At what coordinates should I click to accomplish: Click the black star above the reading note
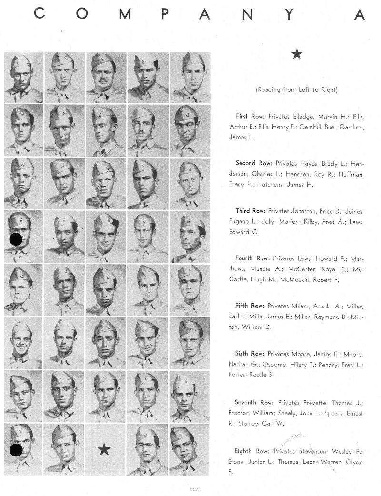(x=297, y=54)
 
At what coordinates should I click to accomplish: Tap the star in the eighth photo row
(x=104, y=449)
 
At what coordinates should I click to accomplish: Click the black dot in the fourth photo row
(x=16, y=239)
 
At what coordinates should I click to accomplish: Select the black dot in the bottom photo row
(x=16, y=450)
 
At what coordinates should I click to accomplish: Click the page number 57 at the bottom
(x=195, y=489)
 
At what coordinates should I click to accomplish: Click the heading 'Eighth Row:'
(x=252, y=451)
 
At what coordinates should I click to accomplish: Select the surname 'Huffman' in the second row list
(x=350, y=175)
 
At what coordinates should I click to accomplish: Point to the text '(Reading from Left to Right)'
(x=296, y=90)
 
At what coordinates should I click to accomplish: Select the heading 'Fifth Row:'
(x=250, y=306)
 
